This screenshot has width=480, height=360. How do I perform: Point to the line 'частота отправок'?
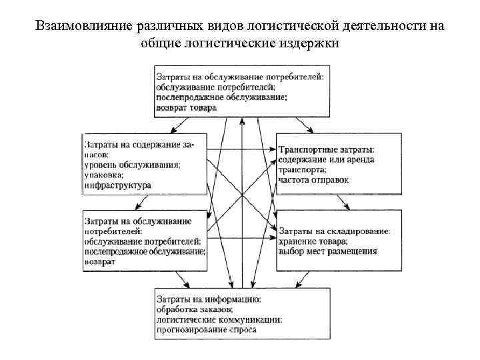pyautogui.click(x=313, y=180)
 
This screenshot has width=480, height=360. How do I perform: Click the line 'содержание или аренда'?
pyautogui.click(x=327, y=159)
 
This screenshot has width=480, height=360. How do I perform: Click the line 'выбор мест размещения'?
pyautogui.click(x=328, y=252)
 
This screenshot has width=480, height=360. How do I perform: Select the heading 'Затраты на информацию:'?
pyautogui.click(x=207, y=299)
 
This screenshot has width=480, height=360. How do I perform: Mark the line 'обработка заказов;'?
pyautogui.click(x=194, y=309)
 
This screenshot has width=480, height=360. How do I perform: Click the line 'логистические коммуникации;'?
pyautogui.click(x=219, y=319)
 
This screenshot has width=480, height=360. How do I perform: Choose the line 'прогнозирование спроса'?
pyautogui.click(x=206, y=329)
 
